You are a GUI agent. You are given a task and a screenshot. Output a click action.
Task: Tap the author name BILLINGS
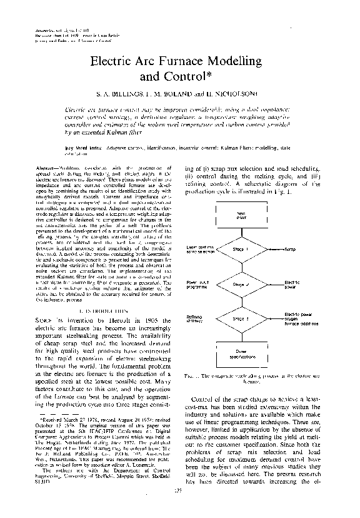(129, 96)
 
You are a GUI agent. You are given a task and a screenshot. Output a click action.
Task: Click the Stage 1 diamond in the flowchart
(241, 249)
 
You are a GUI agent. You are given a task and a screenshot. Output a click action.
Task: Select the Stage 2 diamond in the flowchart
(241, 285)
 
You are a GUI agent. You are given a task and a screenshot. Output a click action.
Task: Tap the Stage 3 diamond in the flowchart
(241, 319)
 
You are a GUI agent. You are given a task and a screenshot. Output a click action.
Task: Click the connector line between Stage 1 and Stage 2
(241, 267)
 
